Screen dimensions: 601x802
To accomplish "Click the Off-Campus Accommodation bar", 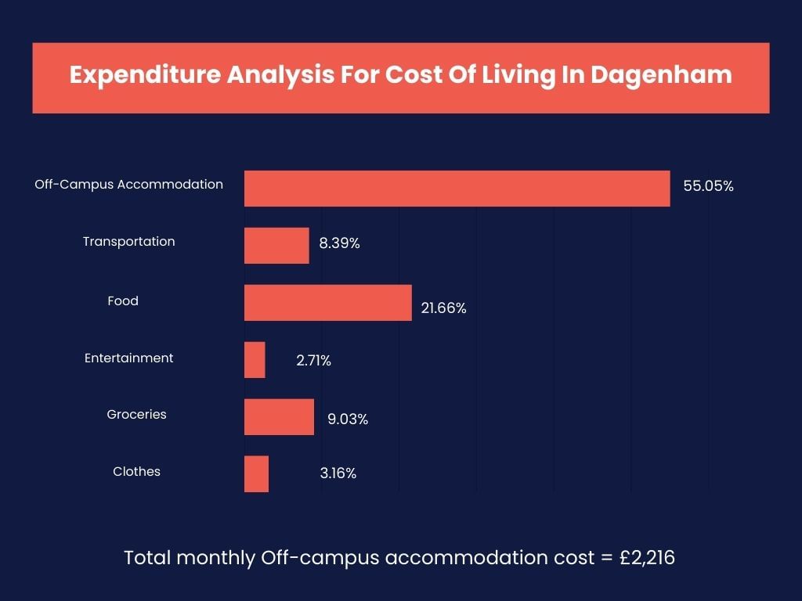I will point(457,189).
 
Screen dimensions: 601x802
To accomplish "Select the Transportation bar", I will point(276,246).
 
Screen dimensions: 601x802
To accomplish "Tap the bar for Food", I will point(327,303).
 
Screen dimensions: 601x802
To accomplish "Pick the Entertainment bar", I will point(255,360).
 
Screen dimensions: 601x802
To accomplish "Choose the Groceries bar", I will point(279,417).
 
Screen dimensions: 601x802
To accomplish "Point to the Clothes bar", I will point(256,474).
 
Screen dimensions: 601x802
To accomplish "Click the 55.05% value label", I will point(708,186).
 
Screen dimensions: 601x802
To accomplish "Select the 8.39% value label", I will point(339,243).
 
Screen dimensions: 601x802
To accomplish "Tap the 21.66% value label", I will point(443,308).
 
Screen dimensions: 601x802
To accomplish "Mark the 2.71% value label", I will point(313,361).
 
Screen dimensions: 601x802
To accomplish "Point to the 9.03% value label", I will point(348,419).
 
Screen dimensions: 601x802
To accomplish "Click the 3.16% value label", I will point(338,473).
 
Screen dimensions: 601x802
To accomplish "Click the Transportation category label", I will point(129,241).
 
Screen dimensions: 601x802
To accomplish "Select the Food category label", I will point(123,300).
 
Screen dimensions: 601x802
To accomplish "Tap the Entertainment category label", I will point(129,358).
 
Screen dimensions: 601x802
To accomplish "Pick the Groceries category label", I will point(137,414).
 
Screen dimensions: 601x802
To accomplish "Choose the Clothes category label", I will point(137,471).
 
